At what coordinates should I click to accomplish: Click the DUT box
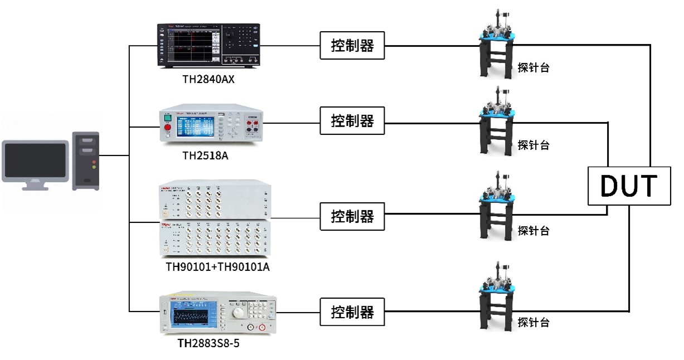(629, 186)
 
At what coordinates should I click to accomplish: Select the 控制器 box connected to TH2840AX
(352, 46)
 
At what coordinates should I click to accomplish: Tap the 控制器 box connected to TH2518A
(352, 120)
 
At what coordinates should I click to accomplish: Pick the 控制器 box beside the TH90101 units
(352, 216)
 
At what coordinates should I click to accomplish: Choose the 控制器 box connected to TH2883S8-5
(352, 312)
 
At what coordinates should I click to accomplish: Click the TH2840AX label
(208, 79)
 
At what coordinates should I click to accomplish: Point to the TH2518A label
(205, 155)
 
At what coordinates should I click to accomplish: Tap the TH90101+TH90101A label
(218, 266)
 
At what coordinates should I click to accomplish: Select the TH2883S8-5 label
(208, 343)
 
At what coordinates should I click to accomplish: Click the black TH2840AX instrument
(208, 46)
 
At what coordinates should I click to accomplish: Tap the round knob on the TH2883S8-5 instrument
(238, 312)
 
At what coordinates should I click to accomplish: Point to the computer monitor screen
(35, 159)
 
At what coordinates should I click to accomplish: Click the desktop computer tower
(86, 160)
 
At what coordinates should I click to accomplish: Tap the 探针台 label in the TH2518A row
(533, 145)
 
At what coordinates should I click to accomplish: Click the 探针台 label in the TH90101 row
(533, 230)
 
